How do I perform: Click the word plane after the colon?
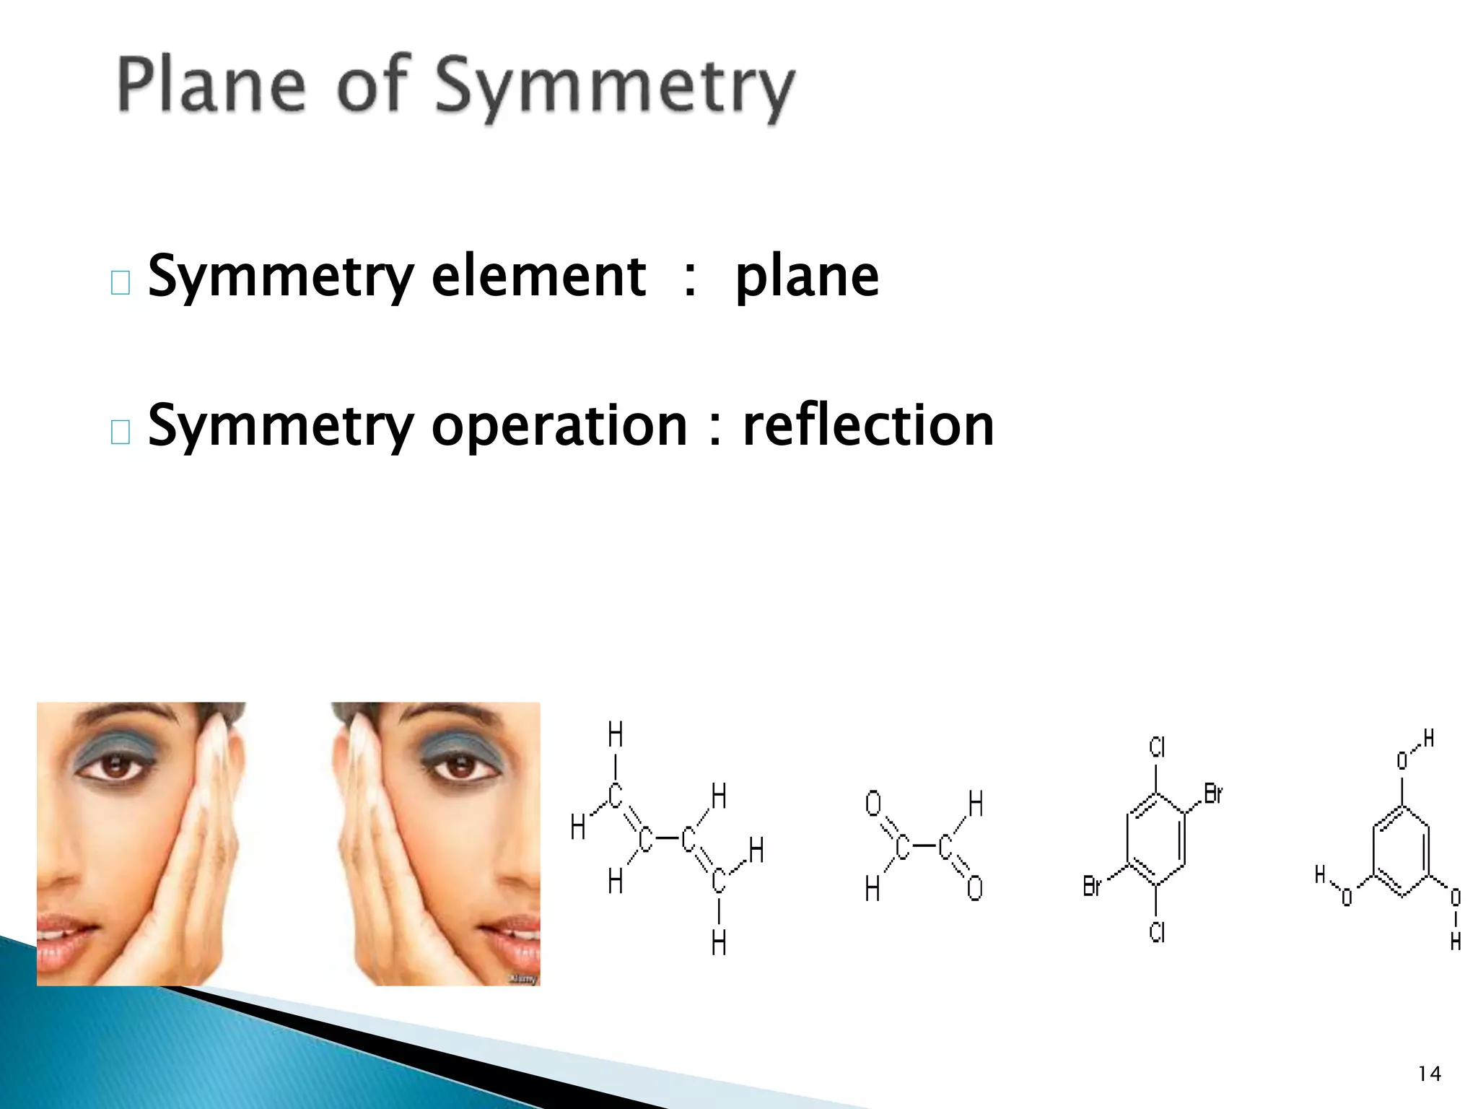pyautogui.click(x=807, y=277)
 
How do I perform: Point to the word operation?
pyautogui.click(x=559, y=426)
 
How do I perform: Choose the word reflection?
pyautogui.click(x=868, y=426)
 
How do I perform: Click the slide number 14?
pyautogui.click(x=1429, y=1074)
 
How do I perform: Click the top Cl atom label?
pyautogui.click(x=1157, y=747)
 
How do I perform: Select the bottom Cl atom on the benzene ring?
pyautogui.click(x=1157, y=932)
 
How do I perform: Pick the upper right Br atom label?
pyautogui.click(x=1213, y=794)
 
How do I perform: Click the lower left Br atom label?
pyautogui.click(x=1092, y=886)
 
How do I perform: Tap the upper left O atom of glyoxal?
pyautogui.click(x=873, y=803)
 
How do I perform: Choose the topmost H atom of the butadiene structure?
pyautogui.click(x=615, y=735)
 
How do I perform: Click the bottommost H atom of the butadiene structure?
pyautogui.click(x=719, y=943)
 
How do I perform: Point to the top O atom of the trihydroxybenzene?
pyautogui.click(x=1402, y=760)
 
